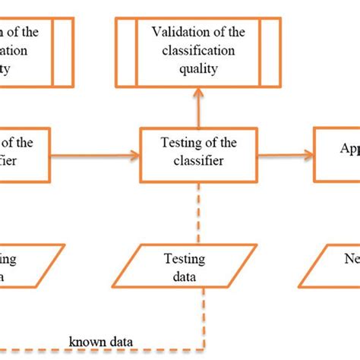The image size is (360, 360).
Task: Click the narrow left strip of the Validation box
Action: (125, 51)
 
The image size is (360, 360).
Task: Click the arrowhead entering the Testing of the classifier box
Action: (135, 156)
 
